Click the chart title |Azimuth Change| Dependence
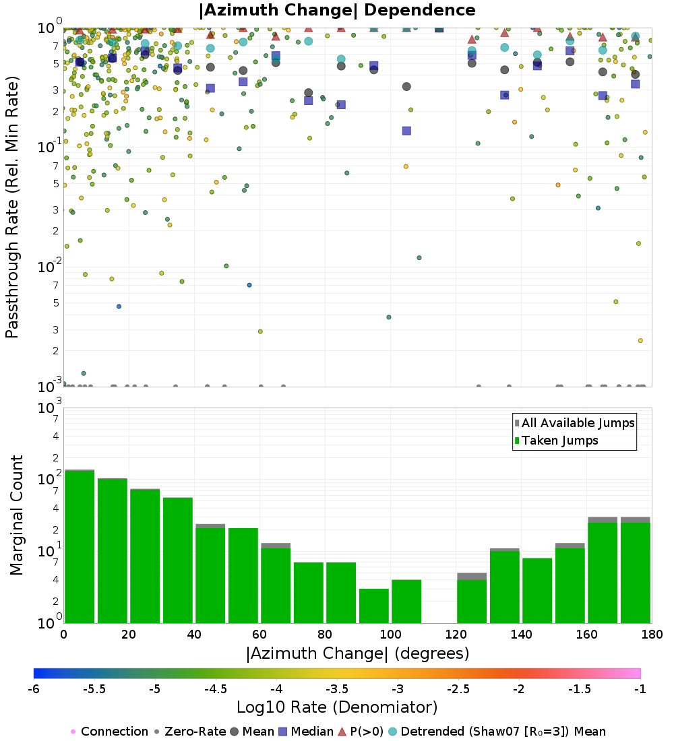337,11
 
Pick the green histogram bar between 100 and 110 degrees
406,601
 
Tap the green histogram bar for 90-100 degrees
374,606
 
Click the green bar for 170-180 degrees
636,573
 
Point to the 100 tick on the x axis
390,635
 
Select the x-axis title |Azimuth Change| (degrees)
357,653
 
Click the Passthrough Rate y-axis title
12,206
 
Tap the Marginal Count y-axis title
16,515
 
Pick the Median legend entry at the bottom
307,732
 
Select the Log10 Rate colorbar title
337,707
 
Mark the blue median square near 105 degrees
406,131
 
